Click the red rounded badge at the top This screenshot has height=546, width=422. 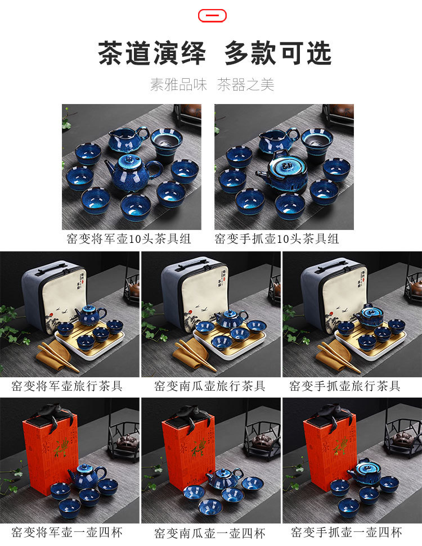point(212,16)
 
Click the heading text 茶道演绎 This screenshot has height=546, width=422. point(152,53)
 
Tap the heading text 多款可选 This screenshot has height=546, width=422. point(278,53)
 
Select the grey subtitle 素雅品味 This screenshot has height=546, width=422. point(178,84)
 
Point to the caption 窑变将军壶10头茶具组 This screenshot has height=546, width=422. point(129,239)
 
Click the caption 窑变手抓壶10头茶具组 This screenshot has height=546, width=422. point(277,239)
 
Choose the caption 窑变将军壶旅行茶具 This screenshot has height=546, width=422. point(67,386)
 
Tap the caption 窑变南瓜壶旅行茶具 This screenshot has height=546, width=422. point(210,386)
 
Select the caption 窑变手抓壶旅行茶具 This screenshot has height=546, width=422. point(345,386)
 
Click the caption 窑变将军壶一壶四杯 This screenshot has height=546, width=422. point(67,533)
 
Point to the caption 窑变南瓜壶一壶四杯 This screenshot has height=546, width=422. point(210,533)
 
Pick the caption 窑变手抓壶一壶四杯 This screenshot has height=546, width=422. point(347,533)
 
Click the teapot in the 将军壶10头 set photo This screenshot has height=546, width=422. point(133,173)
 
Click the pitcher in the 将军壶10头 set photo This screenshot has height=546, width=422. point(128,138)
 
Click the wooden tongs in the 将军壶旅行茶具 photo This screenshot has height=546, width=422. point(58,357)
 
